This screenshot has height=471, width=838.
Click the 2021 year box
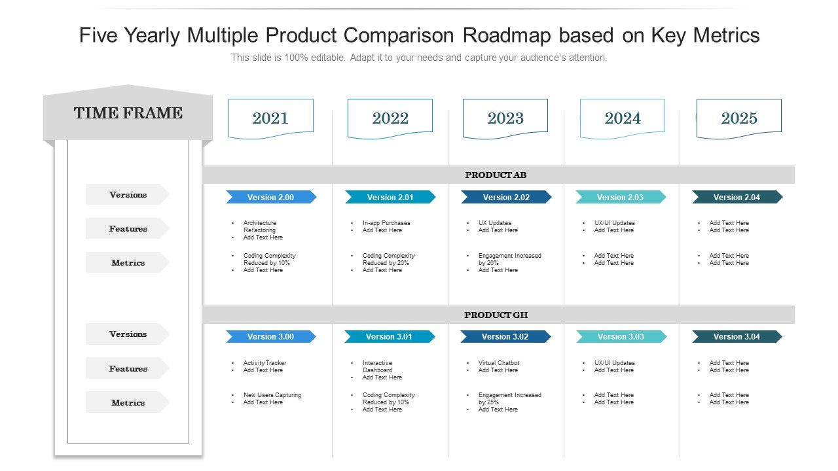[270, 118]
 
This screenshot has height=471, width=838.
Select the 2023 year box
[505, 118]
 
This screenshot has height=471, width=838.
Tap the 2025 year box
[738, 118]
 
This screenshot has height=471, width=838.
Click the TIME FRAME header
[128, 113]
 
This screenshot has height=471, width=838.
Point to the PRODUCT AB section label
[496, 175]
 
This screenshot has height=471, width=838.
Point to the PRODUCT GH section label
[496, 315]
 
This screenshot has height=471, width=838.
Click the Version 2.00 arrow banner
[270, 197]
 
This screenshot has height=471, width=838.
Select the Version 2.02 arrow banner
[505, 197]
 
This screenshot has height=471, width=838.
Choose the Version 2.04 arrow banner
[737, 197]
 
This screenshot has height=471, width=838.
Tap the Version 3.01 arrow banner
[389, 336]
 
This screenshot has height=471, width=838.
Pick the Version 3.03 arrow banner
[621, 336]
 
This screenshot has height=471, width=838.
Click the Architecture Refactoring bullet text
[260, 226]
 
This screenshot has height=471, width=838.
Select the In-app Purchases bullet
[386, 223]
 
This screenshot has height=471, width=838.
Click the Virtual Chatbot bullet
[498, 363]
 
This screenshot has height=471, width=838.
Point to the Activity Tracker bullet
[264, 363]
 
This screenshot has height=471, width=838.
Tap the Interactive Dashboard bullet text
[378, 366]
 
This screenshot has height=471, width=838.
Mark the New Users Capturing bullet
[272, 395]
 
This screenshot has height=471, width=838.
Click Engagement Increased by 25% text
[509, 398]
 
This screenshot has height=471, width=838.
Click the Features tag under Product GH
[128, 368]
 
